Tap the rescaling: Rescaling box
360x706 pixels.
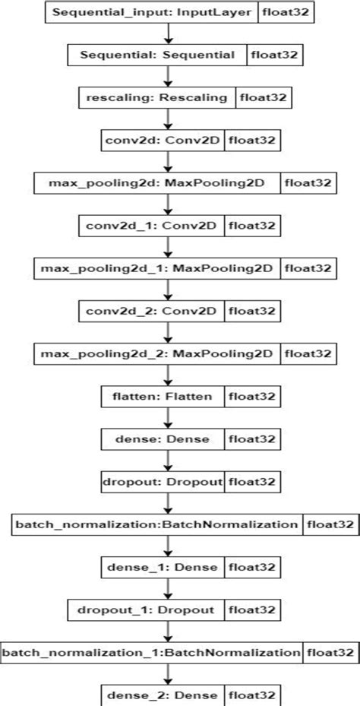156,97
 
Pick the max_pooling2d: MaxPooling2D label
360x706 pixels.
157,183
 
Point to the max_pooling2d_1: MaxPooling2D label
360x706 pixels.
157,268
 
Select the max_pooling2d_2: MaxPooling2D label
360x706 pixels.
157,353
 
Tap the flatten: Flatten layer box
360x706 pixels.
162,396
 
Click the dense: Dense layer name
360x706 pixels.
162,439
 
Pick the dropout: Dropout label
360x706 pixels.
163,482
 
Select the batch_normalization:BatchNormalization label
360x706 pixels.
156,524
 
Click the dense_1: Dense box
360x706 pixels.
162,567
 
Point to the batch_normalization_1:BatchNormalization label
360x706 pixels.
152,652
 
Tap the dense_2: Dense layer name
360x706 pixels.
162,695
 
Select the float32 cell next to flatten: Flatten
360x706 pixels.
251,396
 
